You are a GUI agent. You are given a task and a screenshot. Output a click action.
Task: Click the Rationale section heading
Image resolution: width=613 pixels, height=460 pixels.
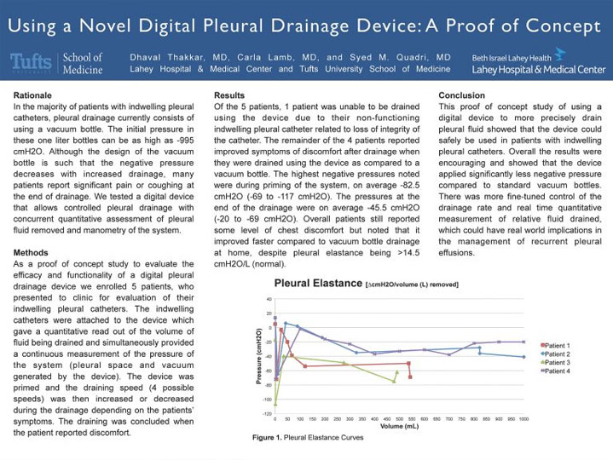[x=35, y=95]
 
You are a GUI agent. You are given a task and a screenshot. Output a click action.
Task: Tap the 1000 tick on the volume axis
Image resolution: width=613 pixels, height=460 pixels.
[x=523, y=417]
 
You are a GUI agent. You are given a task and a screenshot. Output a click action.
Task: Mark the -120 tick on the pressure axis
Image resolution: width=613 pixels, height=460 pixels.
[x=267, y=413]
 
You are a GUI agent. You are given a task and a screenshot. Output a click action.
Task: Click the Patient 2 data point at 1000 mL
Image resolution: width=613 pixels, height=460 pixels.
[x=523, y=357]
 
